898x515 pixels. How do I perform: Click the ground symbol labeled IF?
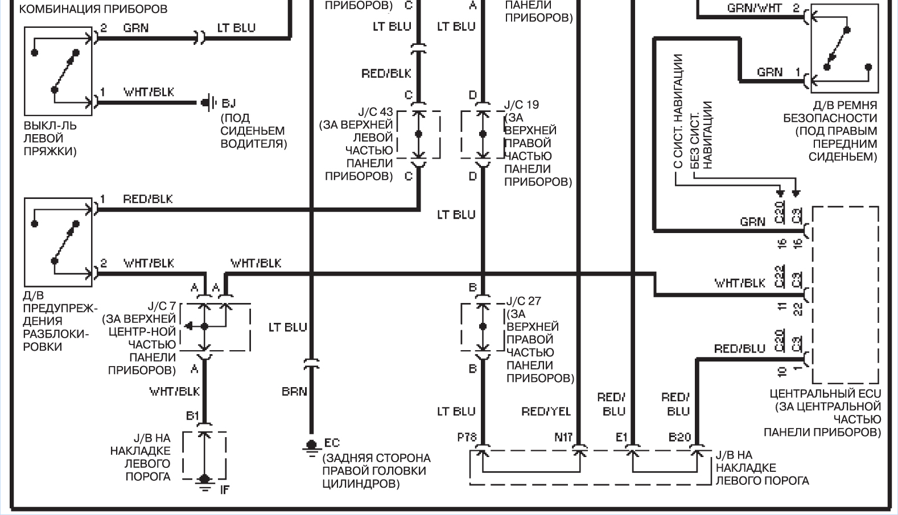(x=205, y=483)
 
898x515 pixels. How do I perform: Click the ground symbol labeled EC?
(x=311, y=447)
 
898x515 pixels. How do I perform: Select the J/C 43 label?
(x=376, y=112)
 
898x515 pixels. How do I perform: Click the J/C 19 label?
(x=521, y=105)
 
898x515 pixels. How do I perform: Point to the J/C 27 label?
(x=524, y=301)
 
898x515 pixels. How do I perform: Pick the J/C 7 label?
(x=162, y=306)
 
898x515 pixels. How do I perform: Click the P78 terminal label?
(x=467, y=437)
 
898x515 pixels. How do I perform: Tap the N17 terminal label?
(x=563, y=437)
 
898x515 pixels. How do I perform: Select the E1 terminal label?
(x=621, y=437)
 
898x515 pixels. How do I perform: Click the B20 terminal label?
(x=680, y=437)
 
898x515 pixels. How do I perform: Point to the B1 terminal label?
(x=193, y=416)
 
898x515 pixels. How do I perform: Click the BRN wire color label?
(x=294, y=391)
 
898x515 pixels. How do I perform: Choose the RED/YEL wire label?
(x=546, y=412)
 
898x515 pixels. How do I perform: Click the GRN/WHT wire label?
(x=754, y=8)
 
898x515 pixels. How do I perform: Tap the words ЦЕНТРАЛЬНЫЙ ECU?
(x=825, y=394)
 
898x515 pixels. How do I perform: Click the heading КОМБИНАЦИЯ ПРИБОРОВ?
(x=93, y=9)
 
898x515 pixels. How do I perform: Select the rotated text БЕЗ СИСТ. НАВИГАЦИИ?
(x=701, y=135)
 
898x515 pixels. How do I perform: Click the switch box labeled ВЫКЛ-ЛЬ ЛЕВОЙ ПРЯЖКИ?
(x=58, y=71)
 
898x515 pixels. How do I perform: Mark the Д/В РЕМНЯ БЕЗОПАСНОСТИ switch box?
(x=845, y=48)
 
